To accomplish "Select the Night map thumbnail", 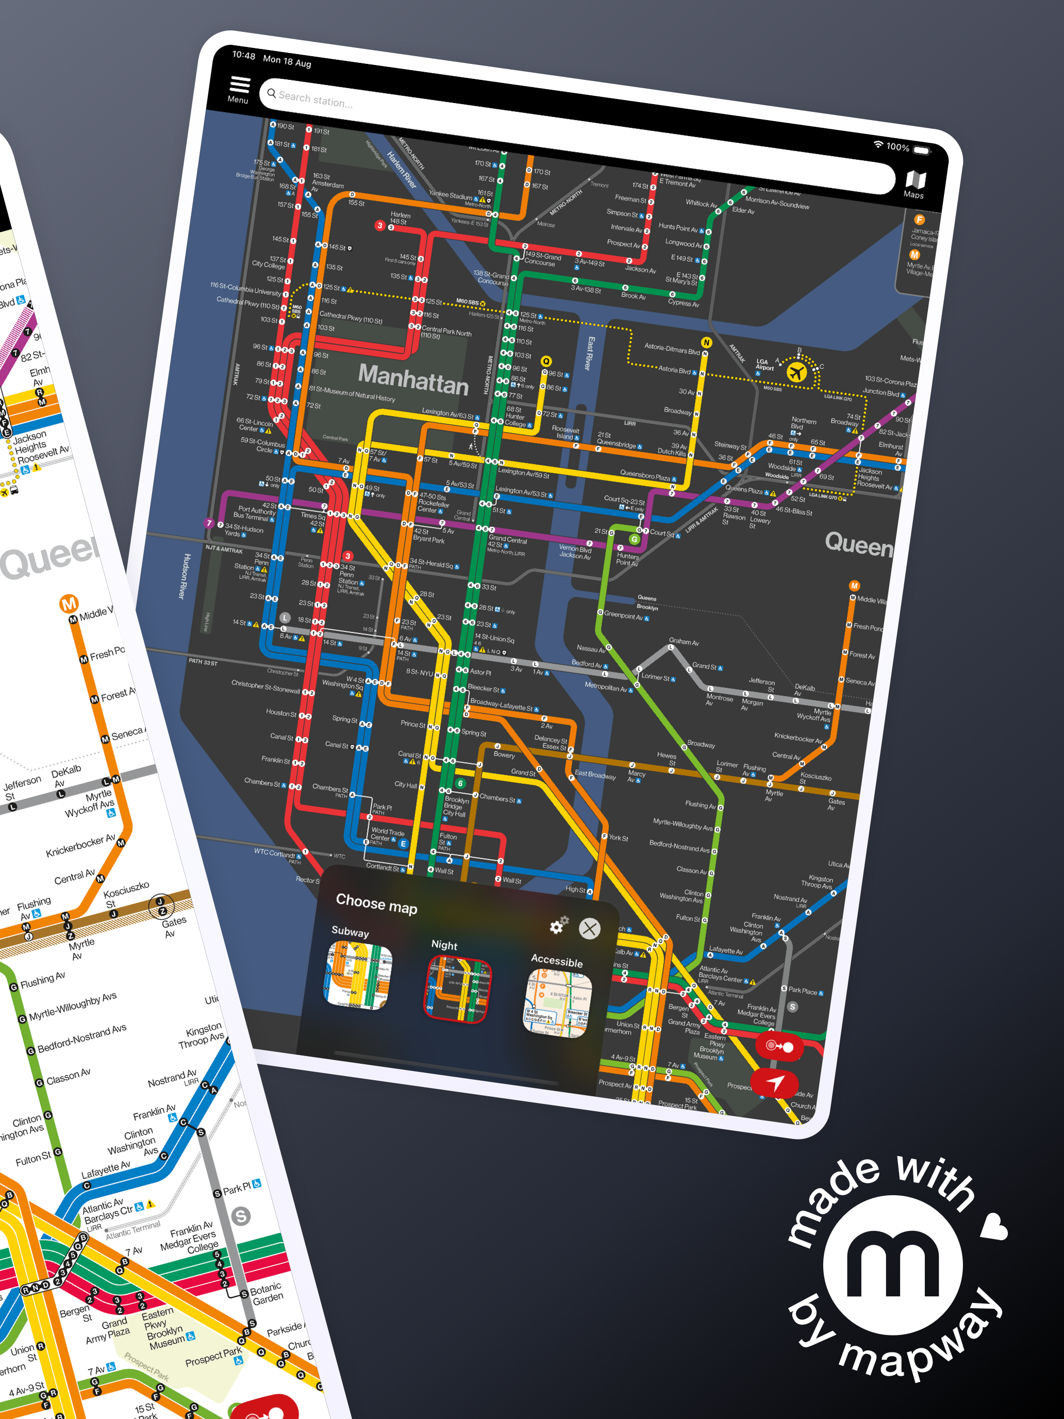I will (457, 988).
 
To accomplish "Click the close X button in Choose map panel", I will (589, 928).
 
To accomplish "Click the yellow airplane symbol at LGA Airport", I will (796, 371).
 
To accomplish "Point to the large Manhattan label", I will (413, 378).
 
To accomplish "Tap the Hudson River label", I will (185, 576).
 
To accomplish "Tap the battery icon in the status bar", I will (922, 150).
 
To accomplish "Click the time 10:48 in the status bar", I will (244, 55).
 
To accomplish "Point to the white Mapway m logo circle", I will (893, 1264).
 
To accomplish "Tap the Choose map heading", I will (376, 903).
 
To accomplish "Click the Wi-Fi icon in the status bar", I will (878, 144).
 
